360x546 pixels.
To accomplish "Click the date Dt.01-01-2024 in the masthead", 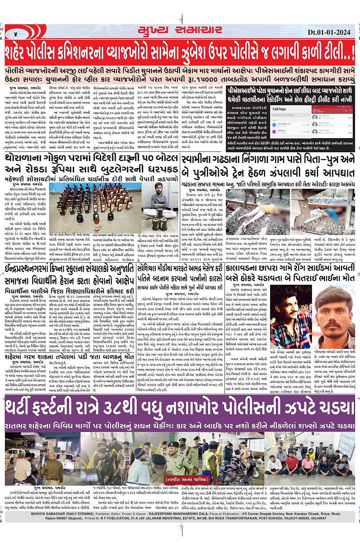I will [x=329, y=32].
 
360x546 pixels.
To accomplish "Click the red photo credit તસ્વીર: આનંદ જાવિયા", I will [x=187, y=480].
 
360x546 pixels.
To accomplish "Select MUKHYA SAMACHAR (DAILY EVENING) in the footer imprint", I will [x=62, y=514].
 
